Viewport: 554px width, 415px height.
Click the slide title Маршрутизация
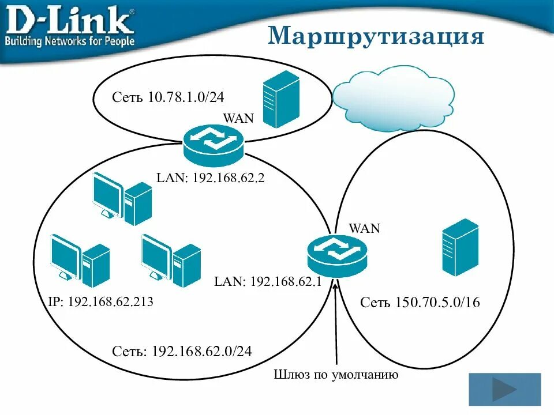point(376,36)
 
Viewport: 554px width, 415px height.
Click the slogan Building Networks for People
point(70,41)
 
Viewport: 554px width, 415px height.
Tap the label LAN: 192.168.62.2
point(210,179)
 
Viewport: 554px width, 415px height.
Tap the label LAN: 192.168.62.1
point(268,281)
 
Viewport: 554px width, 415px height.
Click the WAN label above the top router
point(238,119)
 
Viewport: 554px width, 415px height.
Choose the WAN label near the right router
point(364,228)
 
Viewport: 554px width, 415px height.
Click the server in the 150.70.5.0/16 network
point(460,247)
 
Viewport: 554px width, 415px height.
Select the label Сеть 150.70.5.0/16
point(420,303)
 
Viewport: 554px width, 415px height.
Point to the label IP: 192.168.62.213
point(101,301)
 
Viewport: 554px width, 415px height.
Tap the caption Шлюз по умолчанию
point(336,376)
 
